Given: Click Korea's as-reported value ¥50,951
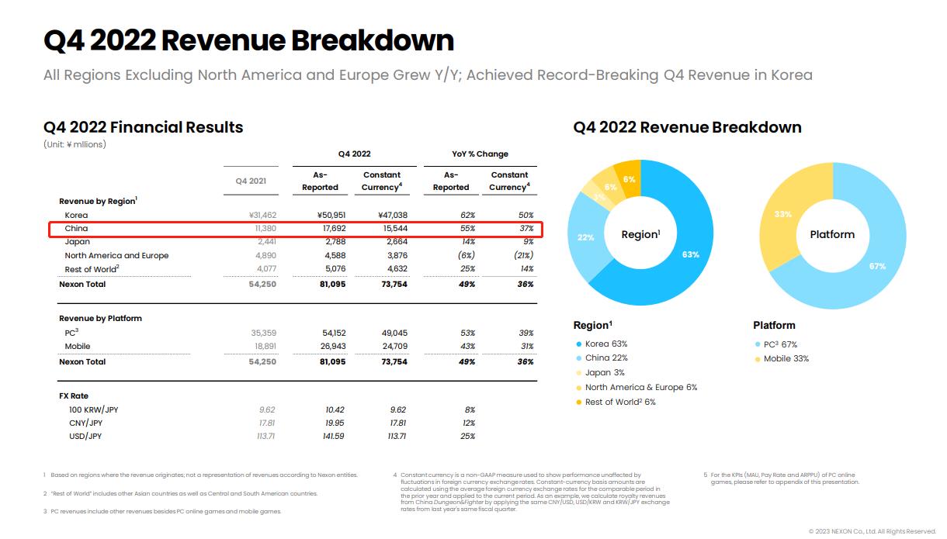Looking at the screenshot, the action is (x=331, y=215).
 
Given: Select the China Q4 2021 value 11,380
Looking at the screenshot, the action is (x=265, y=228).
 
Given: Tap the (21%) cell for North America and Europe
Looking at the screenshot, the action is (x=523, y=255).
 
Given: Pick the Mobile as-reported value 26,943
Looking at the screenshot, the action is (x=333, y=346).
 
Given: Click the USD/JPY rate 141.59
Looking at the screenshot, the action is (x=333, y=436).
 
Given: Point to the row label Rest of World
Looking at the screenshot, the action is (x=92, y=268).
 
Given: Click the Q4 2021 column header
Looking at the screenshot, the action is (x=251, y=181).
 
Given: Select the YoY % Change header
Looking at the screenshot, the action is (x=480, y=154).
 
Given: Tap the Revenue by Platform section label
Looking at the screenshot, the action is (x=100, y=318).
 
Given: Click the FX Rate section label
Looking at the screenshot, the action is (x=74, y=396).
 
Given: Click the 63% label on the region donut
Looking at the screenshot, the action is (x=690, y=254).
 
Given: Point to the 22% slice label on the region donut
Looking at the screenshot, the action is (x=585, y=237).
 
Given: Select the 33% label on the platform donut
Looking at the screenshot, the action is (x=782, y=214).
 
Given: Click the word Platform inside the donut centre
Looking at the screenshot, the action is (x=832, y=234).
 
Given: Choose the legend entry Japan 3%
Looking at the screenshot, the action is (x=605, y=372).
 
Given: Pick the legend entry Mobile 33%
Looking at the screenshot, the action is (x=786, y=358).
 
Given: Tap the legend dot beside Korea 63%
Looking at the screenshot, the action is (x=579, y=344).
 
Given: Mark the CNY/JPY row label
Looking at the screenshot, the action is (x=85, y=423).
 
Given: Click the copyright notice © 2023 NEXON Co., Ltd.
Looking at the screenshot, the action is (x=872, y=531).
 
